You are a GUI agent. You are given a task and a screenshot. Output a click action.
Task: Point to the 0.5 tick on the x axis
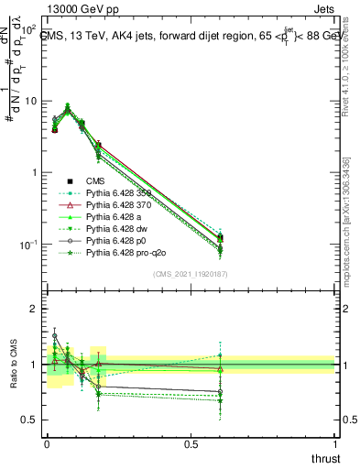click(191, 442)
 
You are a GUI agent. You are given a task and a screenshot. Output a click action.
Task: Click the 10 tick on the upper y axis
click(30, 101)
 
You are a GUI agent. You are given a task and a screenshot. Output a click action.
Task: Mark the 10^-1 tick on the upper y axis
click(27, 245)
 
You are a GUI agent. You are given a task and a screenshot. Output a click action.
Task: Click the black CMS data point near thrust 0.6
click(220, 239)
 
